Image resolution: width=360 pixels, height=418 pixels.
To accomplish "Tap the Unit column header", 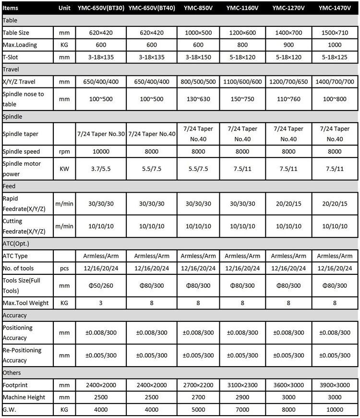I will pos(64,8).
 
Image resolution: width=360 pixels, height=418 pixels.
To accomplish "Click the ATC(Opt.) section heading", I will pos(17,244).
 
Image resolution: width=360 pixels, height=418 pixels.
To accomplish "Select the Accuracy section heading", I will pos(15,315).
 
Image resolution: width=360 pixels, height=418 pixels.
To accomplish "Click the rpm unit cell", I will pos(64,152).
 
